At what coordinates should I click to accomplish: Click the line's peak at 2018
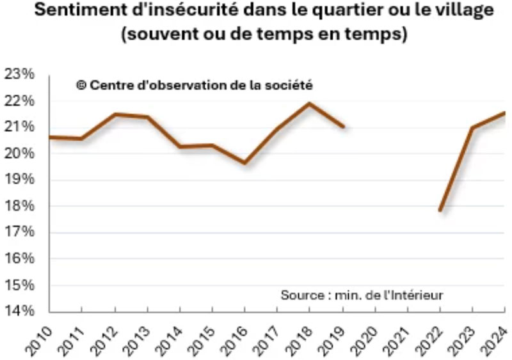click(309, 104)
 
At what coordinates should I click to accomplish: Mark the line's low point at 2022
click(440, 210)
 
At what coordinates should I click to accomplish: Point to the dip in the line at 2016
click(244, 162)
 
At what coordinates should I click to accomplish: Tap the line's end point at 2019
click(343, 127)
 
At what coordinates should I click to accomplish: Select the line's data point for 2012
click(115, 114)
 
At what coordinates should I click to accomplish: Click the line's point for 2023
click(472, 128)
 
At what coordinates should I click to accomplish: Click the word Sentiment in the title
click(76, 11)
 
